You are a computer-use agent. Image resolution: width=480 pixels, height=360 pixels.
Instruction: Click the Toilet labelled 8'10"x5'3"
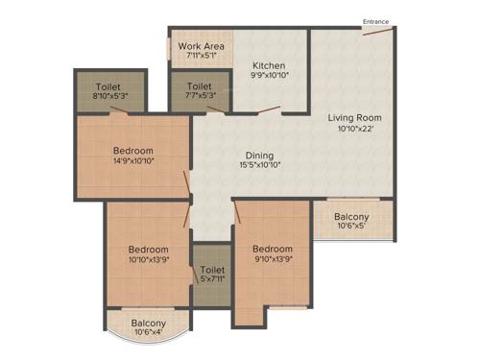pyautogui.click(x=108, y=85)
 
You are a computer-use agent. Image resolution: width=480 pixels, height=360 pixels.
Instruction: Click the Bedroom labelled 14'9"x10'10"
pyautogui.click(x=132, y=150)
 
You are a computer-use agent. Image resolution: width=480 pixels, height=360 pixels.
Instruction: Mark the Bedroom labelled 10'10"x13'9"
pyautogui.click(x=149, y=249)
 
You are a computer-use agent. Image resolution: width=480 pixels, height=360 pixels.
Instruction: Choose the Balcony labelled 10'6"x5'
pyautogui.click(x=353, y=217)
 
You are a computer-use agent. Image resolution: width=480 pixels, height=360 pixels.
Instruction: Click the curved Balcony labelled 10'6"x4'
pyautogui.click(x=149, y=324)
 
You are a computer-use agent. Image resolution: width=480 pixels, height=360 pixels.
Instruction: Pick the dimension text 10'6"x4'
pyautogui.click(x=149, y=334)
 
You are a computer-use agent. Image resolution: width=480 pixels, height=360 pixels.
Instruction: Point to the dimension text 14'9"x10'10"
pyautogui.click(x=132, y=161)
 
